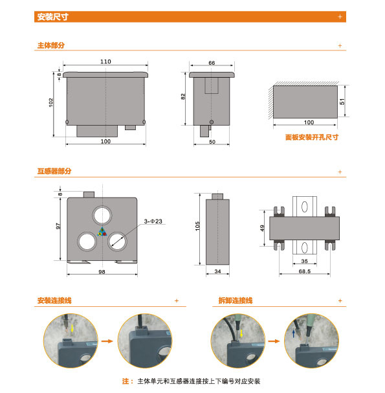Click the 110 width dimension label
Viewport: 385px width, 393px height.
click(x=105, y=62)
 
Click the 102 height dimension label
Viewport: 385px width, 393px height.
click(x=51, y=102)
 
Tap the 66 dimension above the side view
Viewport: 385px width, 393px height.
click(x=212, y=63)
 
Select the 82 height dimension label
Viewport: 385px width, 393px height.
click(x=183, y=96)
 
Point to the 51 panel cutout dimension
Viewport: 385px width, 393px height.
click(x=342, y=102)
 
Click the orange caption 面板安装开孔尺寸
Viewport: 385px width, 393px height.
click(x=312, y=137)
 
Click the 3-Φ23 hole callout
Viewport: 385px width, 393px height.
click(x=153, y=221)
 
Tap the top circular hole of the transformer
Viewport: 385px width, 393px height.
click(x=102, y=216)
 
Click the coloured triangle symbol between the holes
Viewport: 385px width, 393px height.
click(x=102, y=232)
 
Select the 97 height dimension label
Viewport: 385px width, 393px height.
click(x=58, y=226)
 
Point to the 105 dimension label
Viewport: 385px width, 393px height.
click(x=197, y=226)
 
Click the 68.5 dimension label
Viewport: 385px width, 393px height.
click(x=305, y=271)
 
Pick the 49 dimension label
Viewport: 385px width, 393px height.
click(x=262, y=228)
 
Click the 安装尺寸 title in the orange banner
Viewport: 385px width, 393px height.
click(x=53, y=17)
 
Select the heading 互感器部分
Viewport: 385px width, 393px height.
click(x=54, y=171)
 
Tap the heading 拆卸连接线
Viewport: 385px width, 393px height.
click(x=236, y=300)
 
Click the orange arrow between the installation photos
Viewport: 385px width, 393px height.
click(x=107, y=341)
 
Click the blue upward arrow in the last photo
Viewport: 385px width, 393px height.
click(x=294, y=333)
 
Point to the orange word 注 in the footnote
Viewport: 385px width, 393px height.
click(x=125, y=381)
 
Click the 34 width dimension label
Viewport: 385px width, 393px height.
click(x=217, y=271)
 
